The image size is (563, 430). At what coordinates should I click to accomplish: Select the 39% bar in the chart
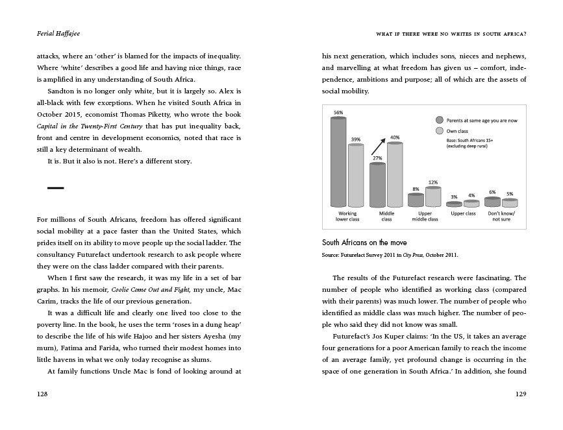[x=356, y=175]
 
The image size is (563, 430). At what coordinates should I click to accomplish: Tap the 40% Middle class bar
[x=394, y=175]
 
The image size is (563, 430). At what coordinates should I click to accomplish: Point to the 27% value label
[x=377, y=158]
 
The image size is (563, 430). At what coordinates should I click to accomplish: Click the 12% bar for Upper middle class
[x=433, y=197]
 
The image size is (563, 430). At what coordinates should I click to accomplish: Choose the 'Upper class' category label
[x=463, y=213]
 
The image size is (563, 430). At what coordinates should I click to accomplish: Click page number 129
[x=519, y=394]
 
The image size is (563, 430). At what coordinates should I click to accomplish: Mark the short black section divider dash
[x=56, y=188]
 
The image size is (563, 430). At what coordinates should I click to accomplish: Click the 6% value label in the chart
[x=492, y=193]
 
